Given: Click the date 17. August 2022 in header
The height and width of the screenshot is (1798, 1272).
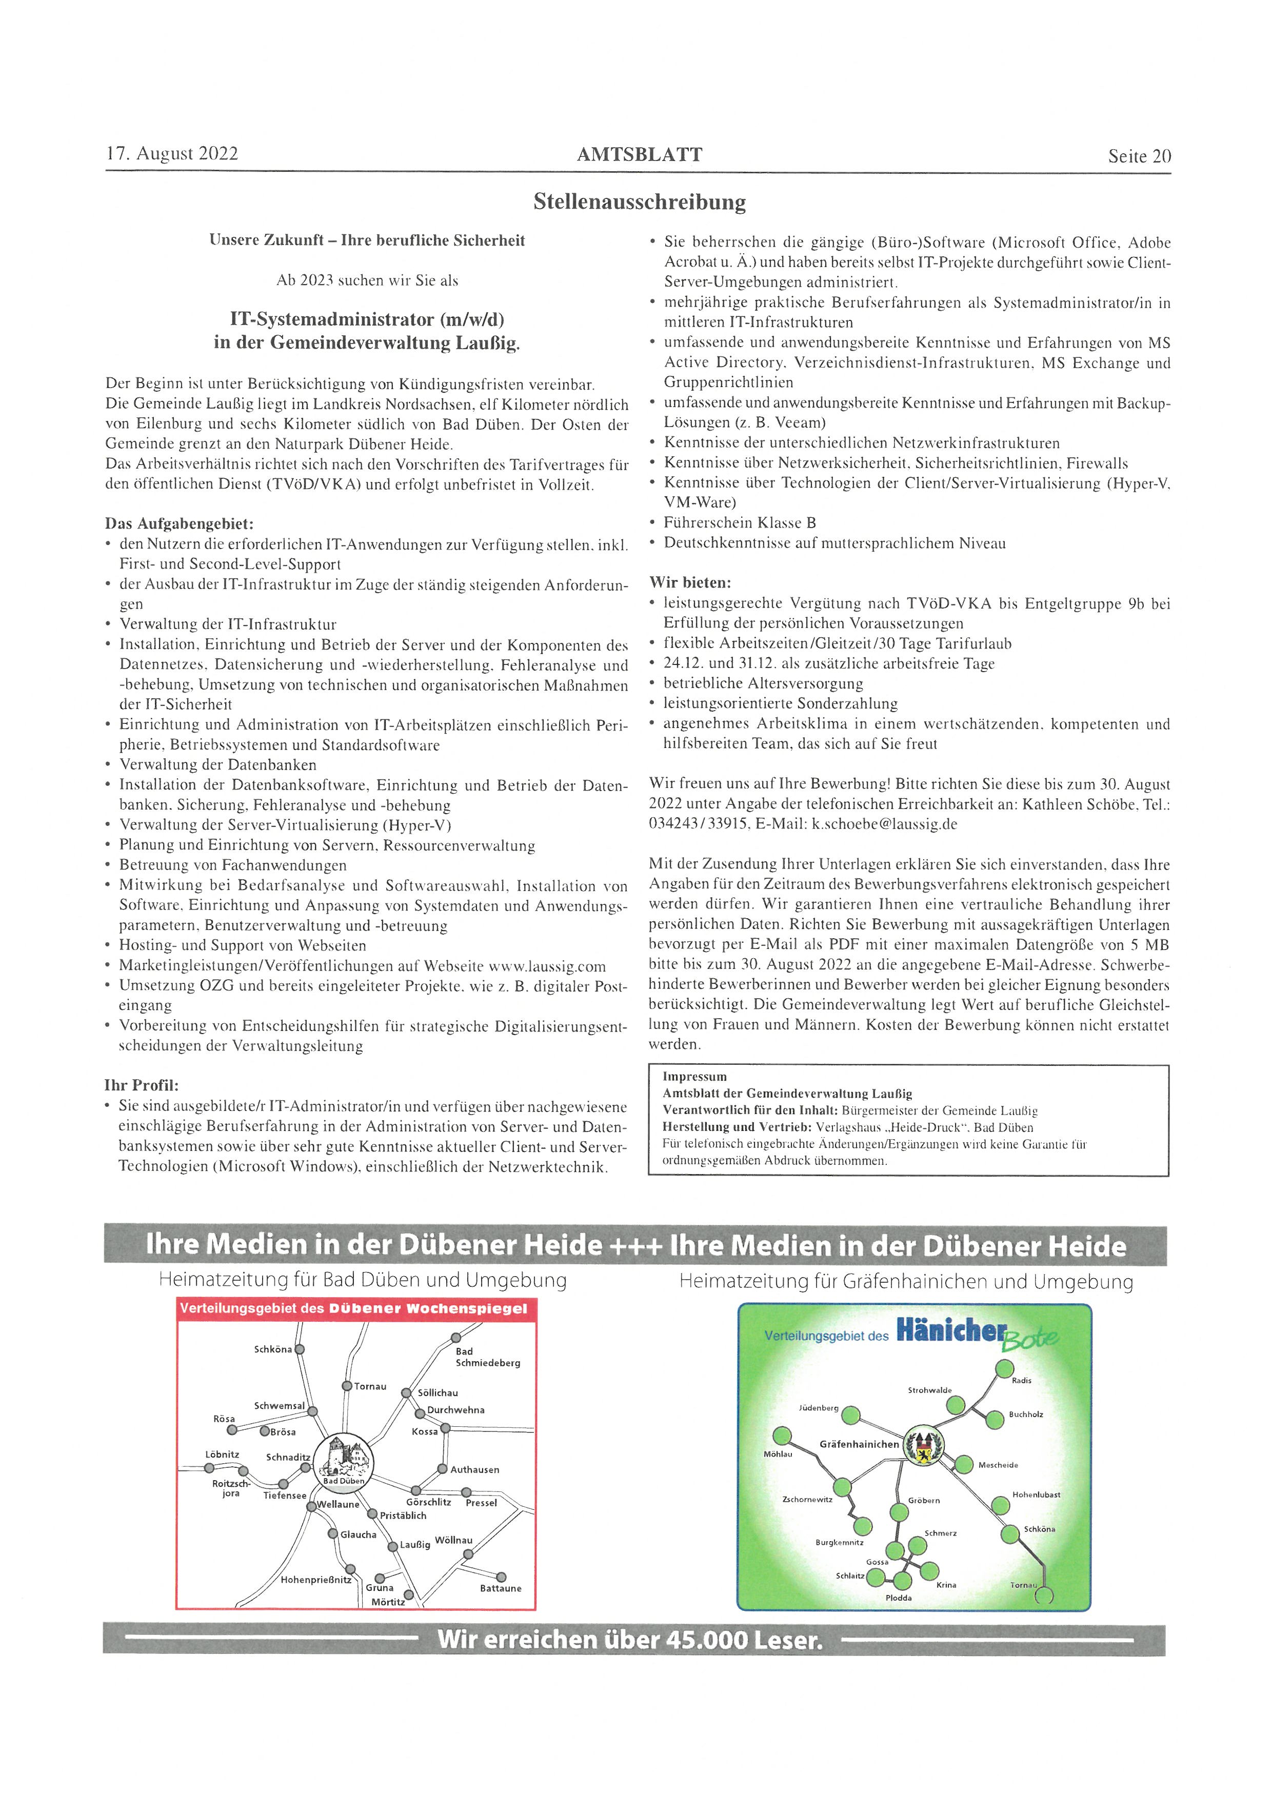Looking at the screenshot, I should coord(172,153).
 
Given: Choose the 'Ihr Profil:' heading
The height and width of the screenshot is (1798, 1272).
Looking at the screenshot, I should coord(142,1085).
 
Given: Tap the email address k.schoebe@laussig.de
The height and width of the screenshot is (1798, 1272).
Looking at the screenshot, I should coord(884,824).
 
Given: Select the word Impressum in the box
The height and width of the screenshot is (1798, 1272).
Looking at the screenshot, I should coord(695,1077).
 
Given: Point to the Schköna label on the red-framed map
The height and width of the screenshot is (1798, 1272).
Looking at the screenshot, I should coord(272,1349).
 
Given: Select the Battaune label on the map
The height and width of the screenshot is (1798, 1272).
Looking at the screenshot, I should coord(501,1588).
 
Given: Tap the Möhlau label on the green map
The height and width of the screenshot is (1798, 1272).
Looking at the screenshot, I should coord(778,1454).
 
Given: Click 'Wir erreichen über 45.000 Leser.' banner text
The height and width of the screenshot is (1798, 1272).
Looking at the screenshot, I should coord(630,1639).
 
